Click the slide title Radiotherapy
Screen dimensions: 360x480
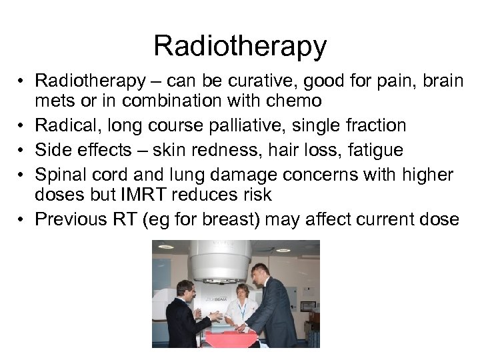coord(240,46)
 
